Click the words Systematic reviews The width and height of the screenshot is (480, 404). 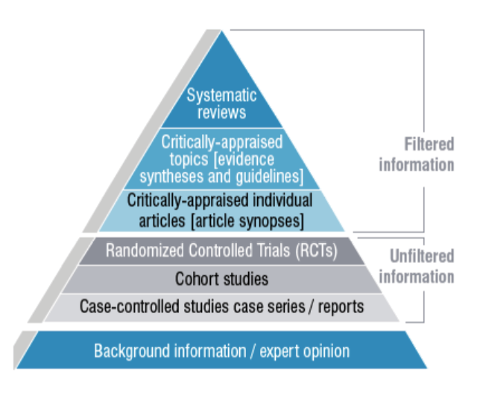221,104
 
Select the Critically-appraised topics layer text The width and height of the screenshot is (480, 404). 221,159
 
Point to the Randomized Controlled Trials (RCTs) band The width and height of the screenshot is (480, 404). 221,251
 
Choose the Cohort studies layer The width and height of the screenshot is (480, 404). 221,280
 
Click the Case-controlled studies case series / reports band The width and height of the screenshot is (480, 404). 221,306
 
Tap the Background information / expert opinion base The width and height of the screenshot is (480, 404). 221,350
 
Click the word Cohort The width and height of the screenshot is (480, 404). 196,280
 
